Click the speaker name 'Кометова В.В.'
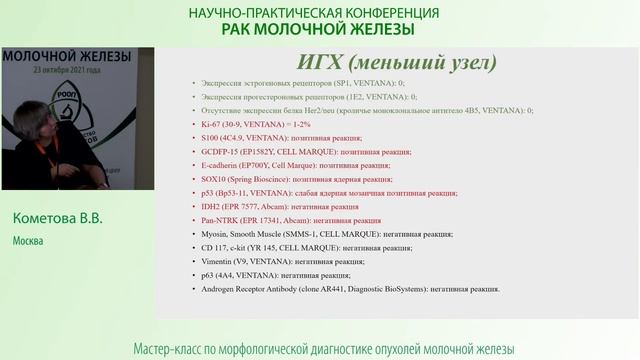coord(59,219)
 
